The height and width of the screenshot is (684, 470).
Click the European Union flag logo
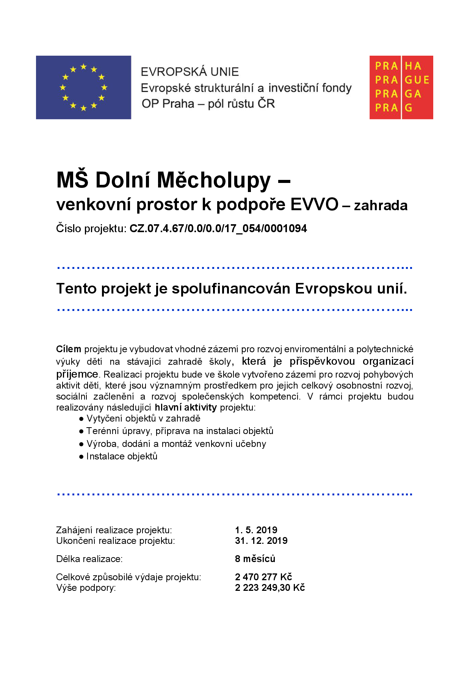(x=83, y=87)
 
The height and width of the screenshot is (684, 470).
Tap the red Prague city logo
(x=401, y=87)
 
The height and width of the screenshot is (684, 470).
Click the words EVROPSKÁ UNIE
(x=190, y=72)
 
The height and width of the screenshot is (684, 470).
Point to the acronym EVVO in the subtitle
(x=314, y=205)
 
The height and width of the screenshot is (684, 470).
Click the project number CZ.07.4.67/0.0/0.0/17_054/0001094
(x=218, y=228)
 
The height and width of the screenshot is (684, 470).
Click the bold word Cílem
(x=69, y=349)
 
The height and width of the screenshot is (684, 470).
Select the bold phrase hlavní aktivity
(x=186, y=408)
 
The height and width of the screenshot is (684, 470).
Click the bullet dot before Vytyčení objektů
(x=81, y=419)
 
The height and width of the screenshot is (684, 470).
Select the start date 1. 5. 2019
(x=256, y=530)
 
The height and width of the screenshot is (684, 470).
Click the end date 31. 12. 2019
(x=261, y=540)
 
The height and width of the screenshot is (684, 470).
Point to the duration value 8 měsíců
(x=255, y=559)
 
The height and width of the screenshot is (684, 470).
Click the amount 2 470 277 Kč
(x=263, y=577)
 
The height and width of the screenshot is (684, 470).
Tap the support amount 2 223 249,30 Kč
(x=270, y=587)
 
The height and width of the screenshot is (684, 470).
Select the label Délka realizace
(x=89, y=559)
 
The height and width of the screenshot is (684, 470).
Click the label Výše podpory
(x=86, y=588)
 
